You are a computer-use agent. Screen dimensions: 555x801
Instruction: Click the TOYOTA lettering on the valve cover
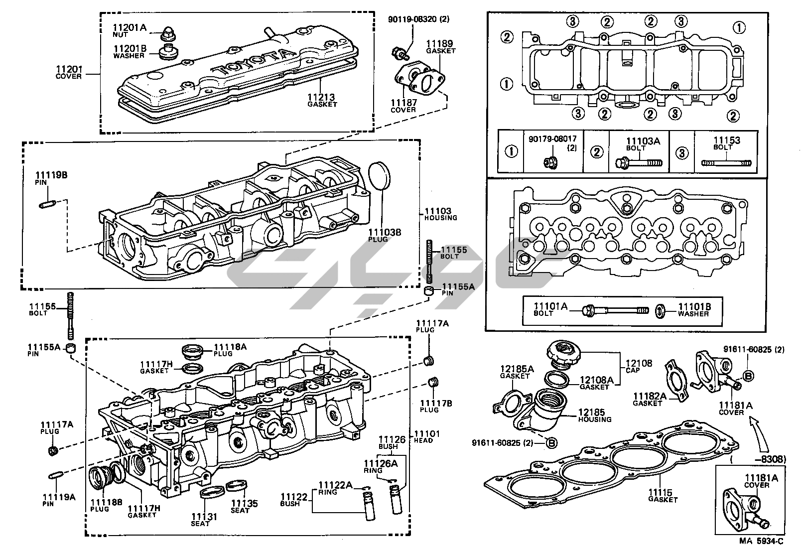pyautogui.click(x=253, y=63)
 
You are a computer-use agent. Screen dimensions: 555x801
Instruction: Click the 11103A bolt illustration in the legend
pyautogui.click(x=639, y=162)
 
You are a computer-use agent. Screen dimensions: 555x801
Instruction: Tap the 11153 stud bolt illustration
pyautogui.click(x=726, y=162)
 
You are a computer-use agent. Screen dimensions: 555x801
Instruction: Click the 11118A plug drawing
pyautogui.click(x=193, y=352)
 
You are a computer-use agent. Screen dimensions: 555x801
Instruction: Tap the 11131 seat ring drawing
pyautogui.click(x=210, y=494)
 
